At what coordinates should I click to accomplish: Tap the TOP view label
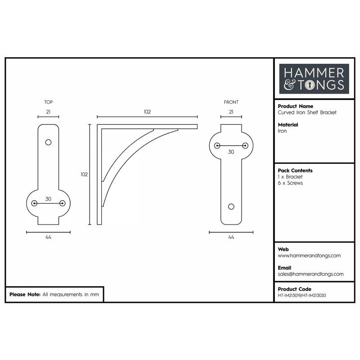click(49, 102)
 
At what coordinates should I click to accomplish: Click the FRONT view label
click(231, 102)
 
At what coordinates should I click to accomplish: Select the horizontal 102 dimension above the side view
click(147, 112)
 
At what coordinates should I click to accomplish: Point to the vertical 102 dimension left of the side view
click(84, 175)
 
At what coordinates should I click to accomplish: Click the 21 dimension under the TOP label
click(48, 112)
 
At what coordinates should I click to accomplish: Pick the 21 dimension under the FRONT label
click(231, 112)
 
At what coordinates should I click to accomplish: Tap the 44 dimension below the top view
click(48, 238)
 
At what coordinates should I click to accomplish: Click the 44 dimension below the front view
click(231, 238)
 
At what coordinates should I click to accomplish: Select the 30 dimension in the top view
click(48, 198)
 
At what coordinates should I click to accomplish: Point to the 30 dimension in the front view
click(231, 152)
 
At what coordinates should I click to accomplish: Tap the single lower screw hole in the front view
click(231, 206)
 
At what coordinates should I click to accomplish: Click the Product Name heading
click(296, 106)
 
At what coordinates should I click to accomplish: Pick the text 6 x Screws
click(291, 183)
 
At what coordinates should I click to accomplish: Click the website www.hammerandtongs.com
click(309, 256)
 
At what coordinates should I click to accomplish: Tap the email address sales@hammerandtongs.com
click(310, 274)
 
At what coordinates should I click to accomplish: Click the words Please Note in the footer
click(25, 295)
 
